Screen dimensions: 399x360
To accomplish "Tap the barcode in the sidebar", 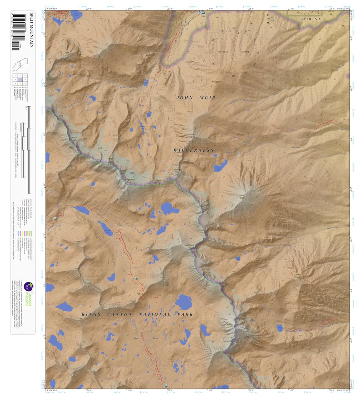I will [x=16, y=31].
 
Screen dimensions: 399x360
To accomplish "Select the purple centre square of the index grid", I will [x=20, y=79].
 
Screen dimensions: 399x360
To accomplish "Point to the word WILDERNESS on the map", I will [x=194, y=150].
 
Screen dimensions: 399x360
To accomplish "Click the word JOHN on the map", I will [x=185, y=98].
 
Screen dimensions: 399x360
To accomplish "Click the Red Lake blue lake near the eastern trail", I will [x=280, y=328].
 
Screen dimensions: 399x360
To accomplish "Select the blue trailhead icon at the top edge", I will [x=203, y=13].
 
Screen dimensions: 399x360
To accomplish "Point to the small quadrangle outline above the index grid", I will [x=20, y=65].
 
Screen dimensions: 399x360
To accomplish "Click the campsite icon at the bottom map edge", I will [x=166, y=386].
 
